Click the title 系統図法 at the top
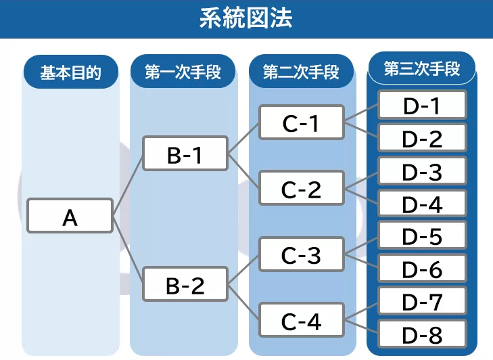(x=246, y=18)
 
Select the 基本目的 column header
(x=70, y=72)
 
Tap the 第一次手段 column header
(x=184, y=72)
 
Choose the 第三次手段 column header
(x=421, y=69)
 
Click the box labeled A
(x=70, y=217)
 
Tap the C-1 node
(x=301, y=124)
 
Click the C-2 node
(x=301, y=189)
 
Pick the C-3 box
(x=301, y=255)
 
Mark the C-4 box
(x=301, y=321)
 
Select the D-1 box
(x=422, y=106)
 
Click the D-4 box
(x=422, y=203)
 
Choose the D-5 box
(x=422, y=236)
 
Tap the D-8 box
(x=422, y=334)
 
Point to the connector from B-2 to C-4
(x=243, y=302)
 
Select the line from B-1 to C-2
(x=243, y=171)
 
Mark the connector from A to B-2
(x=128, y=250)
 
